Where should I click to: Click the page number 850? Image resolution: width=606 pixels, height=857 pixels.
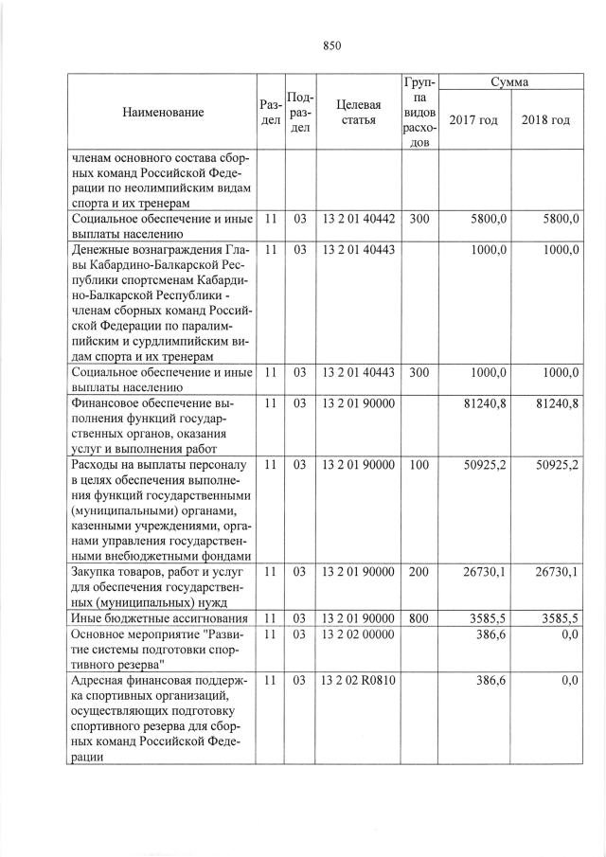tap(331, 45)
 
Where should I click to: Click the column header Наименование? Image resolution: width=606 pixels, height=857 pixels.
tap(163, 113)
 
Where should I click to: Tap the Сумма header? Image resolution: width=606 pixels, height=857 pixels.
tap(509, 83)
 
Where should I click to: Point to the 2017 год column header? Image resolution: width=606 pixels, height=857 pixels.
tap(473, 120)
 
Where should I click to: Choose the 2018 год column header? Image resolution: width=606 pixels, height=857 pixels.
tap(545, 120)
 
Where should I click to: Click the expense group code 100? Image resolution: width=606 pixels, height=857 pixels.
tap(417, 465)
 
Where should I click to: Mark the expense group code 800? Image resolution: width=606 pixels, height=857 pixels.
tap(417, 618)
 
